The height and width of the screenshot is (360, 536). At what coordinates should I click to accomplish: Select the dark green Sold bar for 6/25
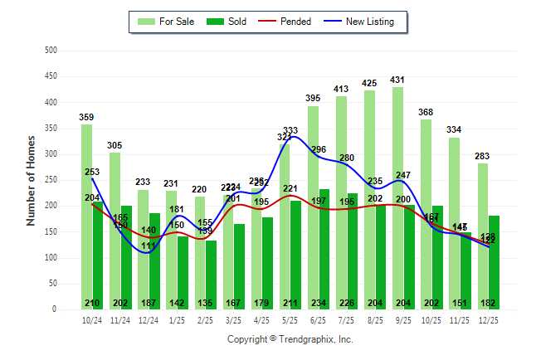coord(323,249)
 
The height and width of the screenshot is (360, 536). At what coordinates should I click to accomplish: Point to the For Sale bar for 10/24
coord(86,216)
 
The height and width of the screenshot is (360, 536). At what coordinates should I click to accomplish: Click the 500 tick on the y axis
coord(51,51)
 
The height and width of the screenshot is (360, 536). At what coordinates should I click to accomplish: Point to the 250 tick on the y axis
coord(51,180)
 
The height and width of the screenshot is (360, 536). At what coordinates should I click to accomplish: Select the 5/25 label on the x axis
coord(290,319)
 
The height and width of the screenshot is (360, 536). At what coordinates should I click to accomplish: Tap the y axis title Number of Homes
coord(31,180)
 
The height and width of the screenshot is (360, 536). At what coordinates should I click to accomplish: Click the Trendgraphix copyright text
coord(290,339)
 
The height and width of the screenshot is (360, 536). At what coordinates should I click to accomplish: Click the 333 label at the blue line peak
coord(290,130)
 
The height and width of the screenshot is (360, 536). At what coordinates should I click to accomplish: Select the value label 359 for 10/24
coord(86,118)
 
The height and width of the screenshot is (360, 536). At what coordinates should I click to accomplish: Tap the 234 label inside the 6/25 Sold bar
coord(323,303)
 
